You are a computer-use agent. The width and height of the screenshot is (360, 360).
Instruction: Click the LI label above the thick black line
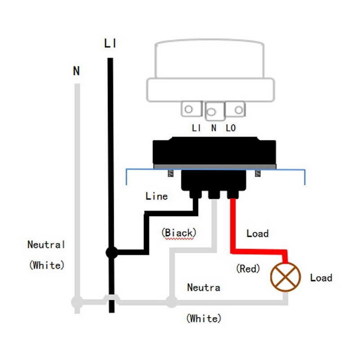click(110, 44)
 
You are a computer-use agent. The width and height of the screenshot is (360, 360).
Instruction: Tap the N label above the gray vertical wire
click(76, 71)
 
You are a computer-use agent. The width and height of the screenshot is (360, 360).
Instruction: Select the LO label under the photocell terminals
click(230, 128)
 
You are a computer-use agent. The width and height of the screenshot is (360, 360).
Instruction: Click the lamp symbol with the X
click(285, 276)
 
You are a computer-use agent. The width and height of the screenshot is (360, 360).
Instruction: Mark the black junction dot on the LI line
click(111, 252)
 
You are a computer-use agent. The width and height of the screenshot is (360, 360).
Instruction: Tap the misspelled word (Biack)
click(179, 233)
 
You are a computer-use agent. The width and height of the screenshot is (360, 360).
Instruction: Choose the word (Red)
click(248, 269)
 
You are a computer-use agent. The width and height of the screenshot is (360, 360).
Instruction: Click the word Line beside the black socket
click(157, 196)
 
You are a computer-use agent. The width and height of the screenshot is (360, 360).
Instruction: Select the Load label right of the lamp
click(321, 278)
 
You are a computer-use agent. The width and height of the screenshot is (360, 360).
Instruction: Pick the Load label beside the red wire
click(257, 234)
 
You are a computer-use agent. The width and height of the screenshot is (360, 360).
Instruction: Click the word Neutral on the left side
click(46, 245)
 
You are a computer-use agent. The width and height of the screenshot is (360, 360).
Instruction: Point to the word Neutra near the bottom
click(204, 287)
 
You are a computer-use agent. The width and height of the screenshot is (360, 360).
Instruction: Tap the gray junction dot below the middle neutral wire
click(171, 301)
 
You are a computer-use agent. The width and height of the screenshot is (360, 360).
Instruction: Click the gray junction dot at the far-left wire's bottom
click(77, 302)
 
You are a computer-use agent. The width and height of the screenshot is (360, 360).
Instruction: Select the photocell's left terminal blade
click(192, 108)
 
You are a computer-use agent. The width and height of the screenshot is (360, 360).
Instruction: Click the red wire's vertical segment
click(233, 225)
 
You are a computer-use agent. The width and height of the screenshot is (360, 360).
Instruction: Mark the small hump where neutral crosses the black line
click(111, 298)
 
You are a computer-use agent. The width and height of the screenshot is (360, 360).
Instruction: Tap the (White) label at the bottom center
click(204, 319)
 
